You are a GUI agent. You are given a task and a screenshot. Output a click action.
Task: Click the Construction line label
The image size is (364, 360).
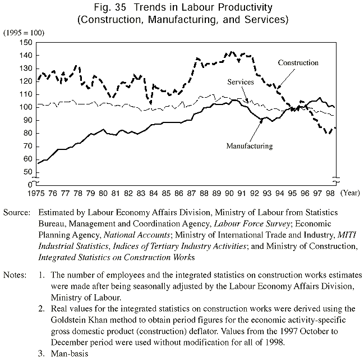coord(298,63)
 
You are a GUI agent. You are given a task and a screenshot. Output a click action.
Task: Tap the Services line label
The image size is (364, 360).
coord(241,82)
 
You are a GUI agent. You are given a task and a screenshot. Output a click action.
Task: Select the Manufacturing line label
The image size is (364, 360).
coord(249,146)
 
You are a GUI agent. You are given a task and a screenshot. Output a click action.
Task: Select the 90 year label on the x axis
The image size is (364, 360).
coord(229,193)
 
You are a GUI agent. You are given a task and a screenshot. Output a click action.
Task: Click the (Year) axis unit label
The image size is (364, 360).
coord(351,193)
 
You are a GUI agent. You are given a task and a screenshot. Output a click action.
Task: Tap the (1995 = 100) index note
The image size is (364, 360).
coord(22,33)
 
